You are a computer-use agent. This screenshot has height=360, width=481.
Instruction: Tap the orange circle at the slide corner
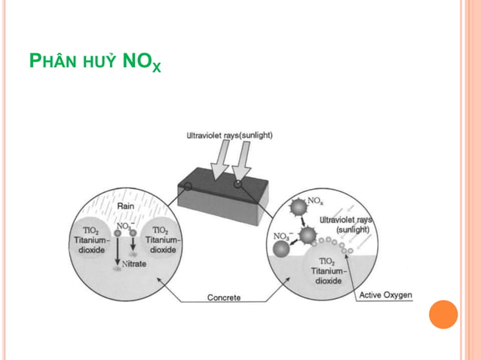[x=443, y=314]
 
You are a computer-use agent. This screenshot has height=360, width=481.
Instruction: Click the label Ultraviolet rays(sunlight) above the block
[x=230, y=136]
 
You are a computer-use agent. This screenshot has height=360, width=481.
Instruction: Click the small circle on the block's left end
[x=187, y=185]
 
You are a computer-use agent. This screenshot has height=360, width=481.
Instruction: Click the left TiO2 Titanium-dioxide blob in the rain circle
[x=91, y=239]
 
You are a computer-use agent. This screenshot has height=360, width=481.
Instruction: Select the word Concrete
[x=224, y=297]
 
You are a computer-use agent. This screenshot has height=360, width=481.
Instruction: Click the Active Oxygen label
[x=386, y=294]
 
